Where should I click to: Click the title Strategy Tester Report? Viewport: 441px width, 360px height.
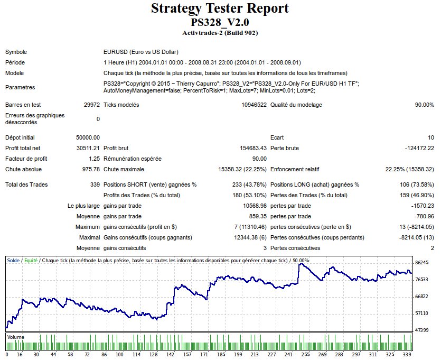pos(220,8)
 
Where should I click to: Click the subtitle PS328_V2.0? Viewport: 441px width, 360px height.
pos(220,23)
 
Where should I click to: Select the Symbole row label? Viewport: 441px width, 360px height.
pos(16,52)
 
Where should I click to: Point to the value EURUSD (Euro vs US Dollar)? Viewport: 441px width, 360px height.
pos(141,52)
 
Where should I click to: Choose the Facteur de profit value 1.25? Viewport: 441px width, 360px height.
pos(94,159)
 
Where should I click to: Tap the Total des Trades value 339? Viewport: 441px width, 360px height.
pos(95,185)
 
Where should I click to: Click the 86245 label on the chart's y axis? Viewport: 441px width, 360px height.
pos(422,263)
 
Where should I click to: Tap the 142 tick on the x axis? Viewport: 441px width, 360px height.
pos(170,355)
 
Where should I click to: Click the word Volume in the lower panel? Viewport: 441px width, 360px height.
pos(16,337)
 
